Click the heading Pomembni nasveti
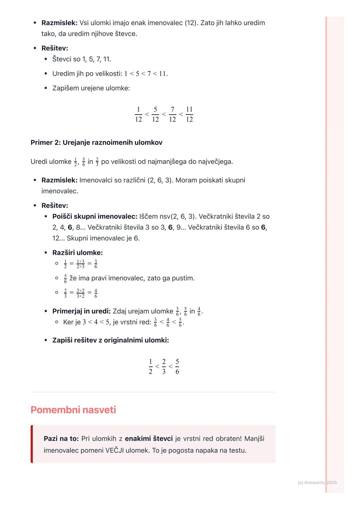73,410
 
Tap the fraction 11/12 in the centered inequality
189,114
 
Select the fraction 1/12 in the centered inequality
138,114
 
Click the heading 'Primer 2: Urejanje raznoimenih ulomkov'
96,143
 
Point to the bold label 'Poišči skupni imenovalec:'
95,217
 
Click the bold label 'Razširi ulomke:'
77,253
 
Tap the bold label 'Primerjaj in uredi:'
81,311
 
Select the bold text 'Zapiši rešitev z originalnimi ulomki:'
110,340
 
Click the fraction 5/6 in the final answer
177,366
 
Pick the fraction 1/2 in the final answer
150,366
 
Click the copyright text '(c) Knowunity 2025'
317,482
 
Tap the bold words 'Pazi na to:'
61,439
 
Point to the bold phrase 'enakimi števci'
149,439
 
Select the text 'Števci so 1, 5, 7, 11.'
82,59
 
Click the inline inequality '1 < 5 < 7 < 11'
146,74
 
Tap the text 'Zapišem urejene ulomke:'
91,88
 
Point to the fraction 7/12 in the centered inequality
172,114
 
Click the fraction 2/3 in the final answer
164,366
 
